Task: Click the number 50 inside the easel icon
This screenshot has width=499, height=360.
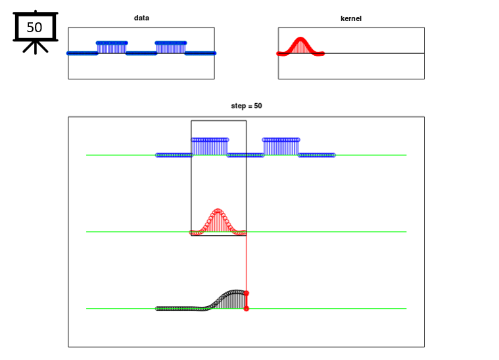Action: [34, 28]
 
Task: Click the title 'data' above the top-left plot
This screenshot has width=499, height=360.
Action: [141, 18]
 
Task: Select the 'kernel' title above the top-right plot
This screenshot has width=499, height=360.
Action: [351, 18]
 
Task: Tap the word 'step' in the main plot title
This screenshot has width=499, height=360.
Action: [239, 106]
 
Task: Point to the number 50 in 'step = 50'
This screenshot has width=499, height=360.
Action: [258, 106]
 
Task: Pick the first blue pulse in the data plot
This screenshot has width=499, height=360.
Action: [112, 47]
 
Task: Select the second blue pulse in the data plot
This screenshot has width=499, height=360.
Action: [171, 47]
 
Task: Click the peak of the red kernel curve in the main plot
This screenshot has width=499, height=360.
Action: [218, 210]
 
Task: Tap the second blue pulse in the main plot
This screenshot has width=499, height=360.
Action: [281, 146]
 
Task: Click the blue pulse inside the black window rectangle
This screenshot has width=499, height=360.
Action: [210, 146]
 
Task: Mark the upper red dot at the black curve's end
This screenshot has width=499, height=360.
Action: [247, 293]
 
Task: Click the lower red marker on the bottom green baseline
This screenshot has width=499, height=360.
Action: [247, 309]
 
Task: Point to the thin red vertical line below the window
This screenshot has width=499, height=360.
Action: [247, 263]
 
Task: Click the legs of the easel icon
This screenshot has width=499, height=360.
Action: [36, 48]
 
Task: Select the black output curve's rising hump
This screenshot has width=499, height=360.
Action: [227, 300]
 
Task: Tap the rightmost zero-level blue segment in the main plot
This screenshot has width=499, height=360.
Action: [317, 155]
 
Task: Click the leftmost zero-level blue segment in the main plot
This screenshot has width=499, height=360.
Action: [174, 155]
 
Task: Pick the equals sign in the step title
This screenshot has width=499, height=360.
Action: [250, 106]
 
